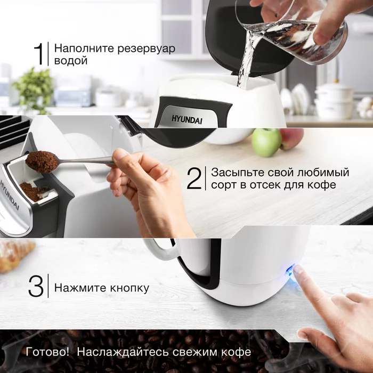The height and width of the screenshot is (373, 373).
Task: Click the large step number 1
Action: click(39, 54)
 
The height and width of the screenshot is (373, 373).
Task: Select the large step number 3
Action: click(36, 288)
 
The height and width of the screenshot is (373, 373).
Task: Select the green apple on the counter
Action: click(266, 142)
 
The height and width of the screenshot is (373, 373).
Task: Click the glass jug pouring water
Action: click(298, 32)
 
